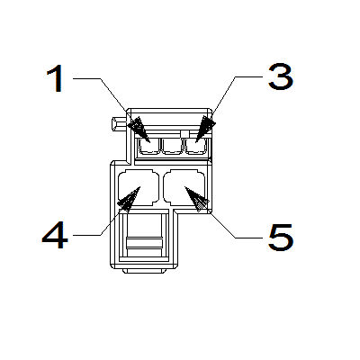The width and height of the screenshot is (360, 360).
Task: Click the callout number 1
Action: click(56, 78)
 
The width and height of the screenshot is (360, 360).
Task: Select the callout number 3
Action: click(281, 77)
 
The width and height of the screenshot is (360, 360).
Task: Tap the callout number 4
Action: click(55, 235)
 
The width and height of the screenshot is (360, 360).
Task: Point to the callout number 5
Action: click(281, 238)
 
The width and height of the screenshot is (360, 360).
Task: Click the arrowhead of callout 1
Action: click(139, 129)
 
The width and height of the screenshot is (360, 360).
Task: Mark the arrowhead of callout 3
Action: click(205, 129)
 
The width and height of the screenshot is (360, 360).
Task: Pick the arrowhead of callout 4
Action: click(130, 199)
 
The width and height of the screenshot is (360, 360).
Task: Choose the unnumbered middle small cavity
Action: click(172, 147)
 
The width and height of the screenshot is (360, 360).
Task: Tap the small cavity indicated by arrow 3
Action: click(195, 147)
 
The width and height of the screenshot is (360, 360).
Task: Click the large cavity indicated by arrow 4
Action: click(139, 188)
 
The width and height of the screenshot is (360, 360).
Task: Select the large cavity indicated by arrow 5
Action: click(184, 188)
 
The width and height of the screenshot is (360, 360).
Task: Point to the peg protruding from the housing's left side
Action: click(119, 124)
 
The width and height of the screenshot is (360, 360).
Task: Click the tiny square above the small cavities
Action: click(185, 134)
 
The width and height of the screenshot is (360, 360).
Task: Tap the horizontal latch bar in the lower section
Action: click(144, 242)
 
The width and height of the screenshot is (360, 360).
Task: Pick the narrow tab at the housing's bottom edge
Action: click(145, 271)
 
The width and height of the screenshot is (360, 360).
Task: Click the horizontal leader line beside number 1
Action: click(86, 78)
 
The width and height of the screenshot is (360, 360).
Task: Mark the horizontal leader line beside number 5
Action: click(249, 238)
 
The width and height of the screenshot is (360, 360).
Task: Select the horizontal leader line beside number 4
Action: click(86, 235)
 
